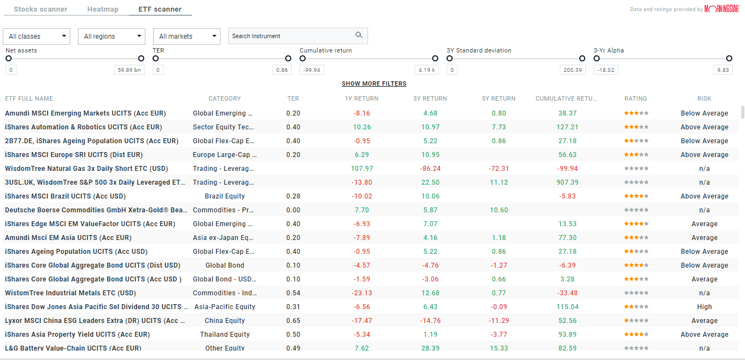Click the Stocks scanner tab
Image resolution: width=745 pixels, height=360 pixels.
(40, 9)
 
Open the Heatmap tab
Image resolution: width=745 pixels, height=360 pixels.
(102, 9)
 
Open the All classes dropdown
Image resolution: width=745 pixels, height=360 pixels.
(36, 36)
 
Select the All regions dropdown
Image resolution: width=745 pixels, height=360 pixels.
(111, 36)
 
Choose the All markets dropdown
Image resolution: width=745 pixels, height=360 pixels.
(186, 36)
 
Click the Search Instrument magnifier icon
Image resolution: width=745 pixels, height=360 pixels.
(359, 35)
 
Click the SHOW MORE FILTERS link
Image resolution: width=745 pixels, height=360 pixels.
(374, 84)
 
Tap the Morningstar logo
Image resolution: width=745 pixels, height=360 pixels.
(722, 9)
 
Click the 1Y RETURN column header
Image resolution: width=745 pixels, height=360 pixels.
(361, 99)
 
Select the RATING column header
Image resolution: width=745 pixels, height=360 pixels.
(636, 99)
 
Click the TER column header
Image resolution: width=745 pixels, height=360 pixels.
(293, 99)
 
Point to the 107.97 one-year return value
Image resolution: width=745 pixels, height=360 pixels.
(362, 169)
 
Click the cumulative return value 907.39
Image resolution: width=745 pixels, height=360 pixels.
(567, 182)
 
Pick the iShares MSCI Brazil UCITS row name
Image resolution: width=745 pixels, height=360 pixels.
(65, 196)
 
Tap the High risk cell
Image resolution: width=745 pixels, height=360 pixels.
(704, 307)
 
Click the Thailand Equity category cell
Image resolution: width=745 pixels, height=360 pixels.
(225, 335)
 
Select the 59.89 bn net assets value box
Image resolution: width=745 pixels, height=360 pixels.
(129, 70)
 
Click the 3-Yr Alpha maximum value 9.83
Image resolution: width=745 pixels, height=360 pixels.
(722, 70)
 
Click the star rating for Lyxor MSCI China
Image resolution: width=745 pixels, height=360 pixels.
(636, 321)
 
